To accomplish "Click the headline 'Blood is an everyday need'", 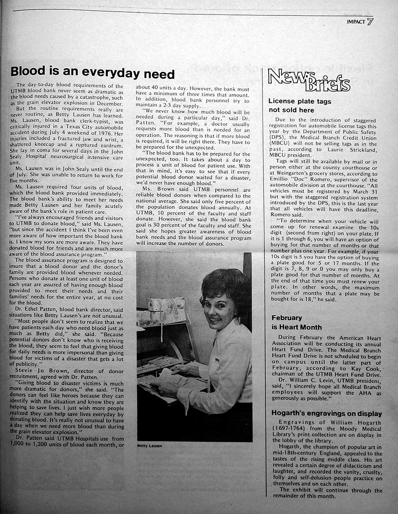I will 92,73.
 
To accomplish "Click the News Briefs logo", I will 308,82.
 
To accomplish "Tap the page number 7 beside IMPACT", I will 370,21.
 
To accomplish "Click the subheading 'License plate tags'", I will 299,101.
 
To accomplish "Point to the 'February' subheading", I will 287,318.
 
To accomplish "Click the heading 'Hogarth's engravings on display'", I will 327,414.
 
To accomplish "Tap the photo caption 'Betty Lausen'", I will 149,446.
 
